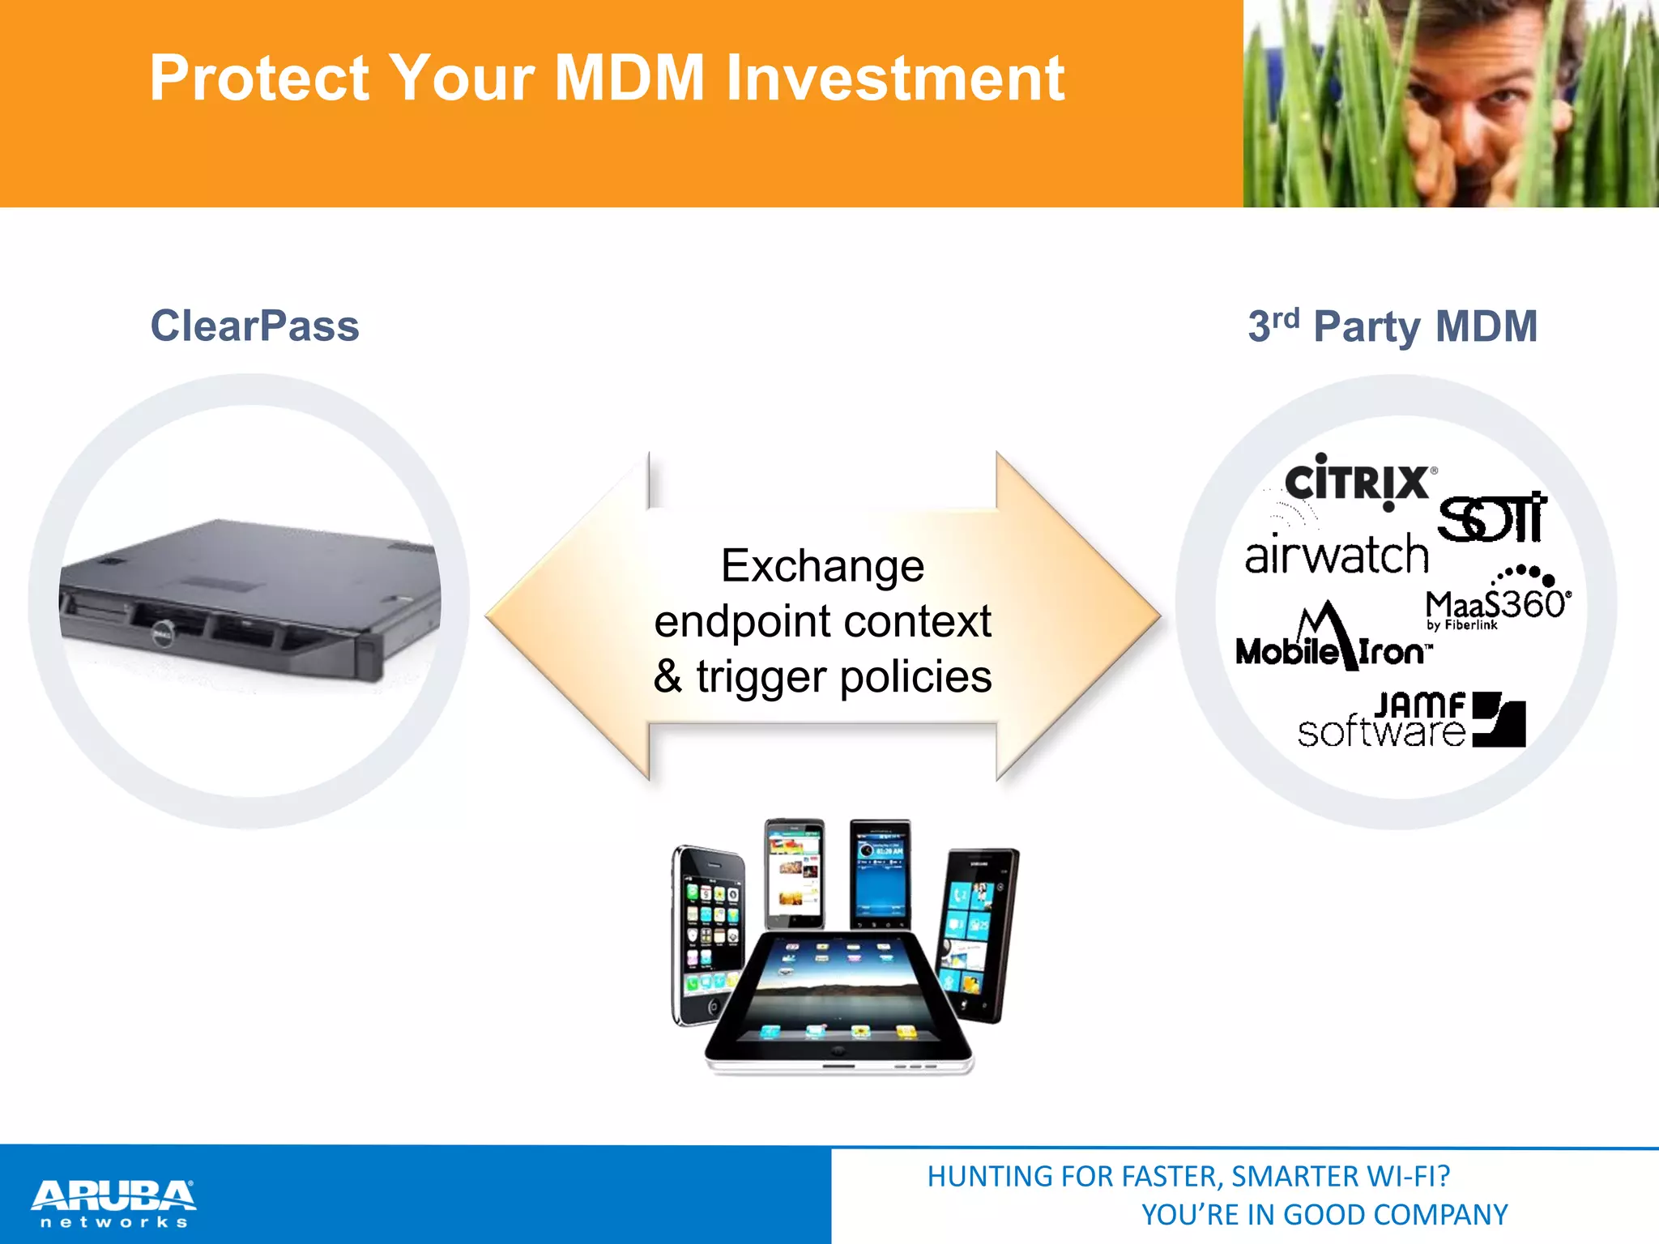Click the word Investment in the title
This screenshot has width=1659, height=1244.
pyautogui.click(x=894, y=79)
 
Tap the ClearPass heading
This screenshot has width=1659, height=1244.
pyautogui.click(x=254, y=326)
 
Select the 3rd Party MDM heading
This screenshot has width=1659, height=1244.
pyautogui.click(x=1392, y=326)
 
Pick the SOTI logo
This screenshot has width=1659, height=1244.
pyautogui.click(x=1492, y=518)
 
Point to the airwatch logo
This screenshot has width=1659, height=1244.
pyautogui.click(x=1337, y=556)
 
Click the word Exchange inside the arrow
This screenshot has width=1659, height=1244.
pyautogui.click(x=822, y=565)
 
